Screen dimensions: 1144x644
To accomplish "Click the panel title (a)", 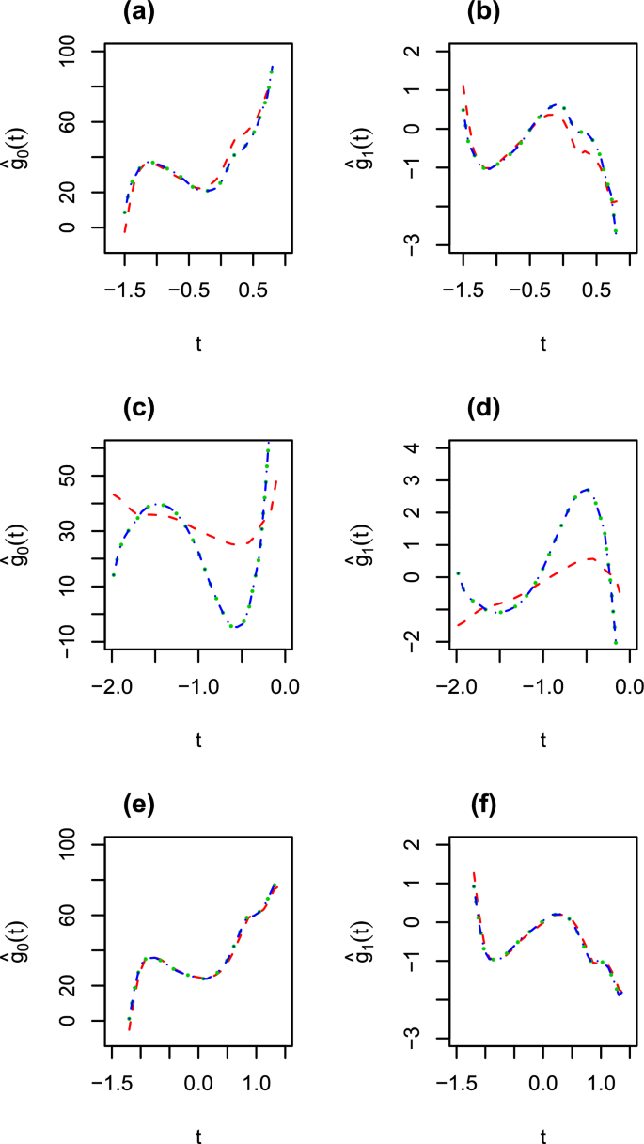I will tap(143, 13).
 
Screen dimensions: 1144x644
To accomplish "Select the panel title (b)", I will tap(488, 13).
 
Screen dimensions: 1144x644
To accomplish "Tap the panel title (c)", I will tap(143, 410).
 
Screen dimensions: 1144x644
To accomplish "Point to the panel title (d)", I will tap(488, 410).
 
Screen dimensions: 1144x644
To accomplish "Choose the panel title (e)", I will tap(143, 807).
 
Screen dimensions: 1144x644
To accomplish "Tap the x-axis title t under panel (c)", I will tap(198, 740).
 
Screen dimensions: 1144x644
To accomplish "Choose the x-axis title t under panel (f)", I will tap(542, 1136).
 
